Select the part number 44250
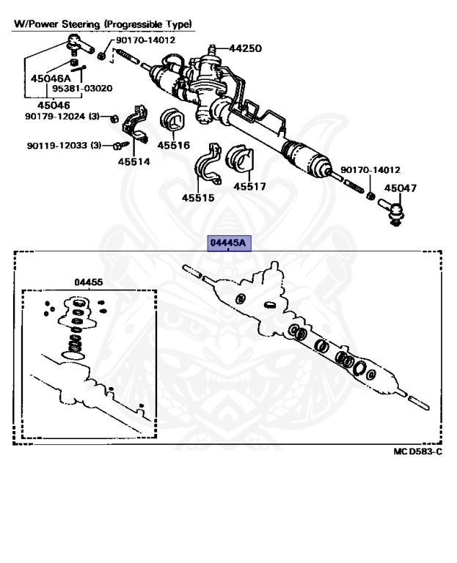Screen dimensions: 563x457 tap(245, 48)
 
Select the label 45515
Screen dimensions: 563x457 tap(198, 197)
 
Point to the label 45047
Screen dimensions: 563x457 tap(400, 188)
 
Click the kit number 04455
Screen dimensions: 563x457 tap(88, 281)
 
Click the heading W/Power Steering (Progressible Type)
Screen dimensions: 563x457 tap(103, 24)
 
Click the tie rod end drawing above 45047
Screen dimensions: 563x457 tap(396, 214)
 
